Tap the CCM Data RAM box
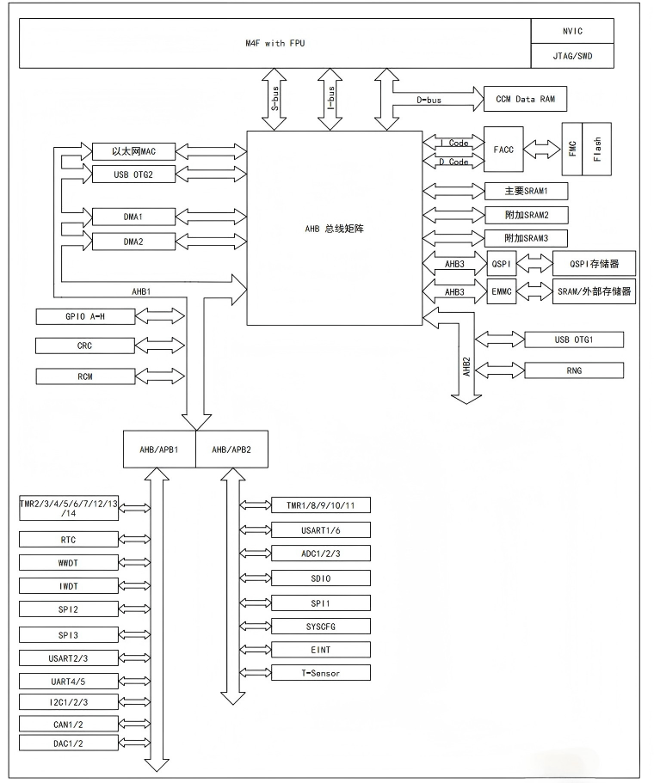click(526, 99)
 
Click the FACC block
click(503, 149)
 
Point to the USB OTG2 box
click(133, 174)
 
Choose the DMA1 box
click(133, 216)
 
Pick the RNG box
click(573, 370)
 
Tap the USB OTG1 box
click(573, 340)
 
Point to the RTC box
click(67, 540)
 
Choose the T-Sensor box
click(319, 672)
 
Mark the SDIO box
click(319, 578)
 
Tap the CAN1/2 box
click(67, 724)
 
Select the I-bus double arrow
click(330, 99)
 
